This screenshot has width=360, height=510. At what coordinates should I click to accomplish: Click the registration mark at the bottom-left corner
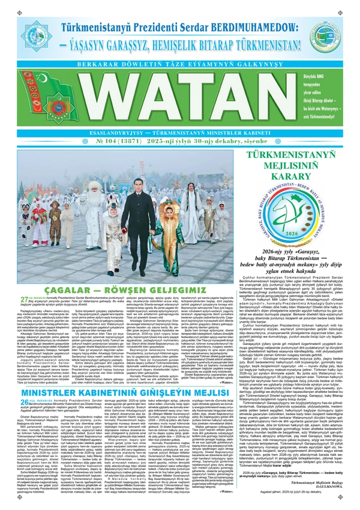click(x=5, y=505)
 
